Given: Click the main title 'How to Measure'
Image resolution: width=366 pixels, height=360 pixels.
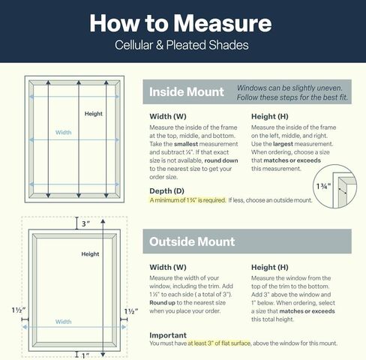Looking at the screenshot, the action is [x=181, y=23].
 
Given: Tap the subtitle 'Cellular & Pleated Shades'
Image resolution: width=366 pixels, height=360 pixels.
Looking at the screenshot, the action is [x=181, y=45].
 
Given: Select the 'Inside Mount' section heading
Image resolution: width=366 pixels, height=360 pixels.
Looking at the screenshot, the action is [x=187, y=91].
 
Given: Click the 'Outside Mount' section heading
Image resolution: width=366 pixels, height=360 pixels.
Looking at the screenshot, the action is [x=192, y=241].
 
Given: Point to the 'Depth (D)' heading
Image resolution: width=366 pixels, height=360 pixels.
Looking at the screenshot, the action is [x=166, y=191].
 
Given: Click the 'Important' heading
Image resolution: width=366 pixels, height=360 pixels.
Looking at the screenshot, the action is [x=168, y=335].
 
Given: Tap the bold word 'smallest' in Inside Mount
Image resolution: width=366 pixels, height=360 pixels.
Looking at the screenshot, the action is [x=186, y=144].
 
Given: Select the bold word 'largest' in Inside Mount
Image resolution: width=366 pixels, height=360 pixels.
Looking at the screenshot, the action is [x=283, y=144].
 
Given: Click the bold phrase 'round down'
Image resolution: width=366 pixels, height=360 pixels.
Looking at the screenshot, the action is [x=221, y=160].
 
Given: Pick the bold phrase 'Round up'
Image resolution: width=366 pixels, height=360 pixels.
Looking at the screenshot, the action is [x=162, y=303].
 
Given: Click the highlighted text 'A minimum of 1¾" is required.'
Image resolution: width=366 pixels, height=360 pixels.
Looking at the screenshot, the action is [x=187, y=200].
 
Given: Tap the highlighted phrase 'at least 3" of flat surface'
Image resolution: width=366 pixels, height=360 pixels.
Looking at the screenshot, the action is [x=219, y=343].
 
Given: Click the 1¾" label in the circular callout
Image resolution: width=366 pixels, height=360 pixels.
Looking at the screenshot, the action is [x=323, y=186].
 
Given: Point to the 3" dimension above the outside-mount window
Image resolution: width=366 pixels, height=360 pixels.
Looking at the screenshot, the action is [x=85, y=223].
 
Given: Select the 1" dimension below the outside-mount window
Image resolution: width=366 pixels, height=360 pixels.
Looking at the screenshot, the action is [x=85, y=355].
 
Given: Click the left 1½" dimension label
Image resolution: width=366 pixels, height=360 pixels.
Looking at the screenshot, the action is [x=19, y=310].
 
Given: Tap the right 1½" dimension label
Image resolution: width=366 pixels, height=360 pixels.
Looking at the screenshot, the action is [x=131, y=311].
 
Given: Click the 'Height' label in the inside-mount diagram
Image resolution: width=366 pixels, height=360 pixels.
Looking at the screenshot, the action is [x=94, y=114].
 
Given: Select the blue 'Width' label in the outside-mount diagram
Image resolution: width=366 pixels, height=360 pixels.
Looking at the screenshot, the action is [x=63, y=322].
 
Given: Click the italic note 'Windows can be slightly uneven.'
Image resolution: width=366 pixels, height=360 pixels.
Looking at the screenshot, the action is [x=289, y=88].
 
